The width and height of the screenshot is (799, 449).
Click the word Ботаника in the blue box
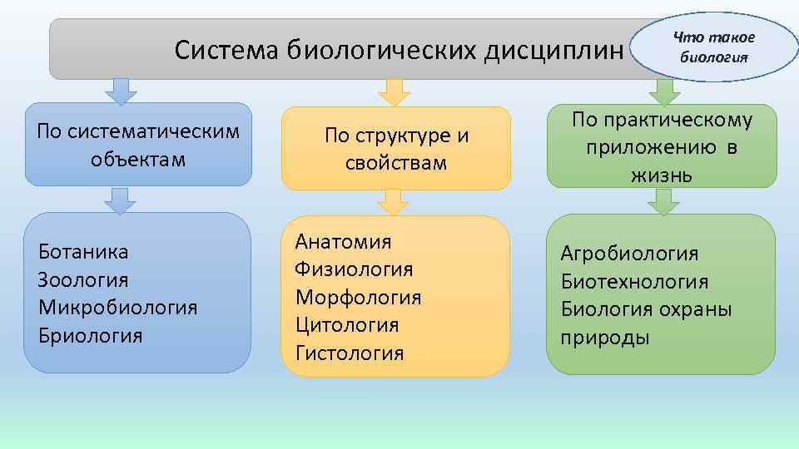pos(82,251)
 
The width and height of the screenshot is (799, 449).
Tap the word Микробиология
pos(117,308)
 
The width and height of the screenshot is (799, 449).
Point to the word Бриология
pos(90,336)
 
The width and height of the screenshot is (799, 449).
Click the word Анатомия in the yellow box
pos(343,241)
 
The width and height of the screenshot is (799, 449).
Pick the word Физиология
pos(354,269)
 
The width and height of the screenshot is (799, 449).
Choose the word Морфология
pos(358,297)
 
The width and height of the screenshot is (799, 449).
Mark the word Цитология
pos(347,325)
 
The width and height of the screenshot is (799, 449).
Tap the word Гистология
pos(350,353)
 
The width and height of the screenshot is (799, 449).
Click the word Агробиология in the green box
pos(629,253)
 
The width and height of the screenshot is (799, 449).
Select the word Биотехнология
pos(634,282)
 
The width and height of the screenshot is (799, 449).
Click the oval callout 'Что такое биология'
pos(714,47)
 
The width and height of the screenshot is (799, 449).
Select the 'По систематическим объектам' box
pos(138,144)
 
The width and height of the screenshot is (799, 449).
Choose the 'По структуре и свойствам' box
pos(396,149)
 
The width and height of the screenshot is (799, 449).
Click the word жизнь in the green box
pos(661,176)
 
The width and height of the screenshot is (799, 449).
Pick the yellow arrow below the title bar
pos(395,91)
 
